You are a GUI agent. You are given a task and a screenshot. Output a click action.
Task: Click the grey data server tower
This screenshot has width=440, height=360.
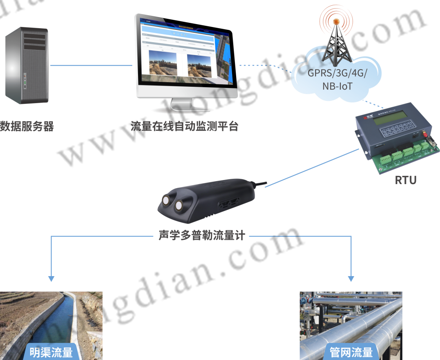coord(27,65)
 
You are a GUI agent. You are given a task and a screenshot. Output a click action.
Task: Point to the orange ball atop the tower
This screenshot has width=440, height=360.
coord(336,21)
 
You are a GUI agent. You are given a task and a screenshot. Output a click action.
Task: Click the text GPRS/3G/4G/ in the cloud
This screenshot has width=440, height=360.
coord(337,74)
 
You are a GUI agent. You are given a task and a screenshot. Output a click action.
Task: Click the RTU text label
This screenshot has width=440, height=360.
coord(406,180)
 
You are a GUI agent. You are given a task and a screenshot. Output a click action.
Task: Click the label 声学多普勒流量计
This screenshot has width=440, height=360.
coord(201,236)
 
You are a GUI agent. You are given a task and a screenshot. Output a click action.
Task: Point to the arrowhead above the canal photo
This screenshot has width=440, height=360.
coord(51,279)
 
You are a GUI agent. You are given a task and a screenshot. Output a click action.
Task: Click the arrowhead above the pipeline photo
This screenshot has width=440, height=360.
coord(351,279)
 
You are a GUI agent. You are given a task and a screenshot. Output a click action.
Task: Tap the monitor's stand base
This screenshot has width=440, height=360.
coord(189,108)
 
